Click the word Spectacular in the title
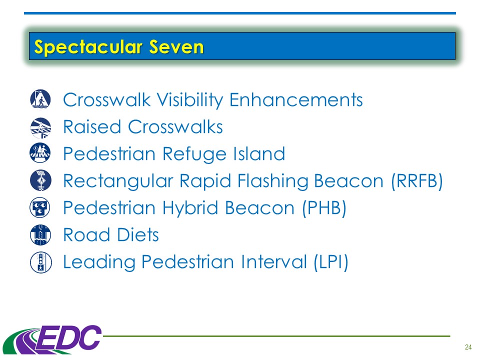(x=88, y=47)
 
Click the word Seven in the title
(x=176, y=47)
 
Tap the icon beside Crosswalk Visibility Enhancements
(x=40, y=99)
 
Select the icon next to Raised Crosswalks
(x=40, y=127)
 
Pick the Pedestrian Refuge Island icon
(x=40, y=153)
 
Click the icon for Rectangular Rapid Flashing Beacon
(x=40, y=180)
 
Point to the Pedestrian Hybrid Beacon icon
(x=40, y=207)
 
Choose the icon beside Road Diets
(x=40, y=235)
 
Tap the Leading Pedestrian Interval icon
(x=40, y=262)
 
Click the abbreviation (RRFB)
(x=417, y=181)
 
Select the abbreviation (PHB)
(x=324, y=208)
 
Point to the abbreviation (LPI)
(x=331, y=262)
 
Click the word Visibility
(x=190, y=100)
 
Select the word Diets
(x=138, y=235)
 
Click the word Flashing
(x=273, y=181)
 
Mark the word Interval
(x=273, y=262)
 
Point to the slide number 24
(x=468, y=347)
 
